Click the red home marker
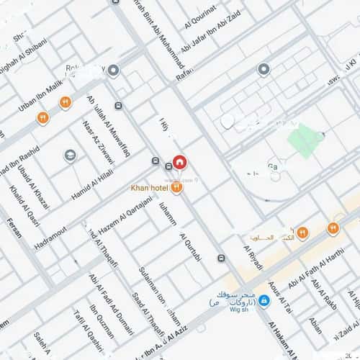[179, 161]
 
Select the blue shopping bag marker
[264, 300]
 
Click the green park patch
[302, 137]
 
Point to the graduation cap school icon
[70, 155]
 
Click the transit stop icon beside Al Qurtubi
[220, 258]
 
